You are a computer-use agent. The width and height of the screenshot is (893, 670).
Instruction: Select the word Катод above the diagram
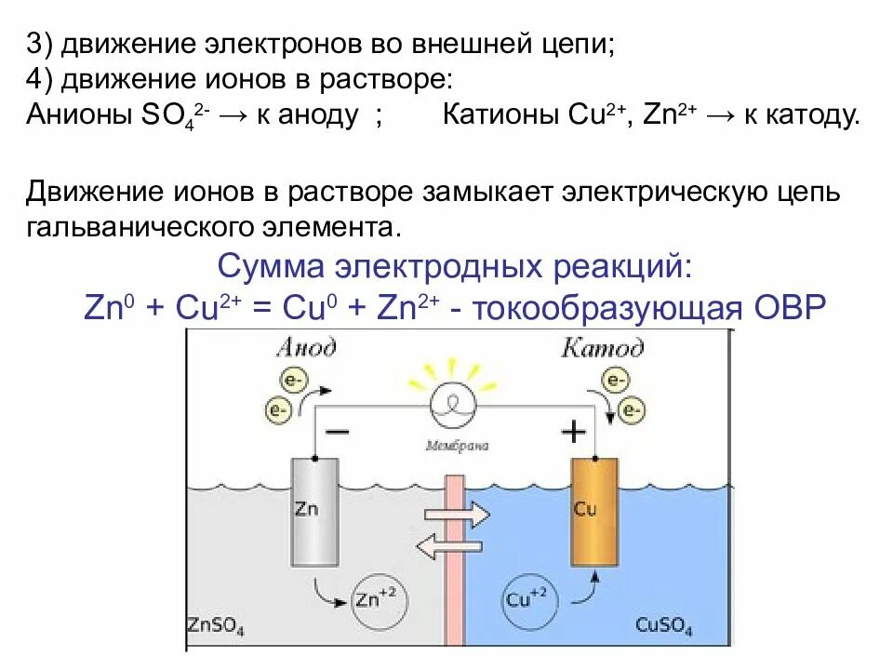pyautogui.click(x=602, y=348)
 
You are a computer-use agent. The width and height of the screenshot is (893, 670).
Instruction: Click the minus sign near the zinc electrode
pyautogui.click(x=337, y=432)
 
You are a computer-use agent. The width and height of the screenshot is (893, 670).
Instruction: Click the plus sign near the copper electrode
pyautogui.click(x=574, y=432)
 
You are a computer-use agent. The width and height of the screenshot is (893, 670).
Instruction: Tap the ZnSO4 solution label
pyautogui.click(x=216, y=626)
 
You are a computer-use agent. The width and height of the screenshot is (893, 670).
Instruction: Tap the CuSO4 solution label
pyautogui.click(x=664, y=626)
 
